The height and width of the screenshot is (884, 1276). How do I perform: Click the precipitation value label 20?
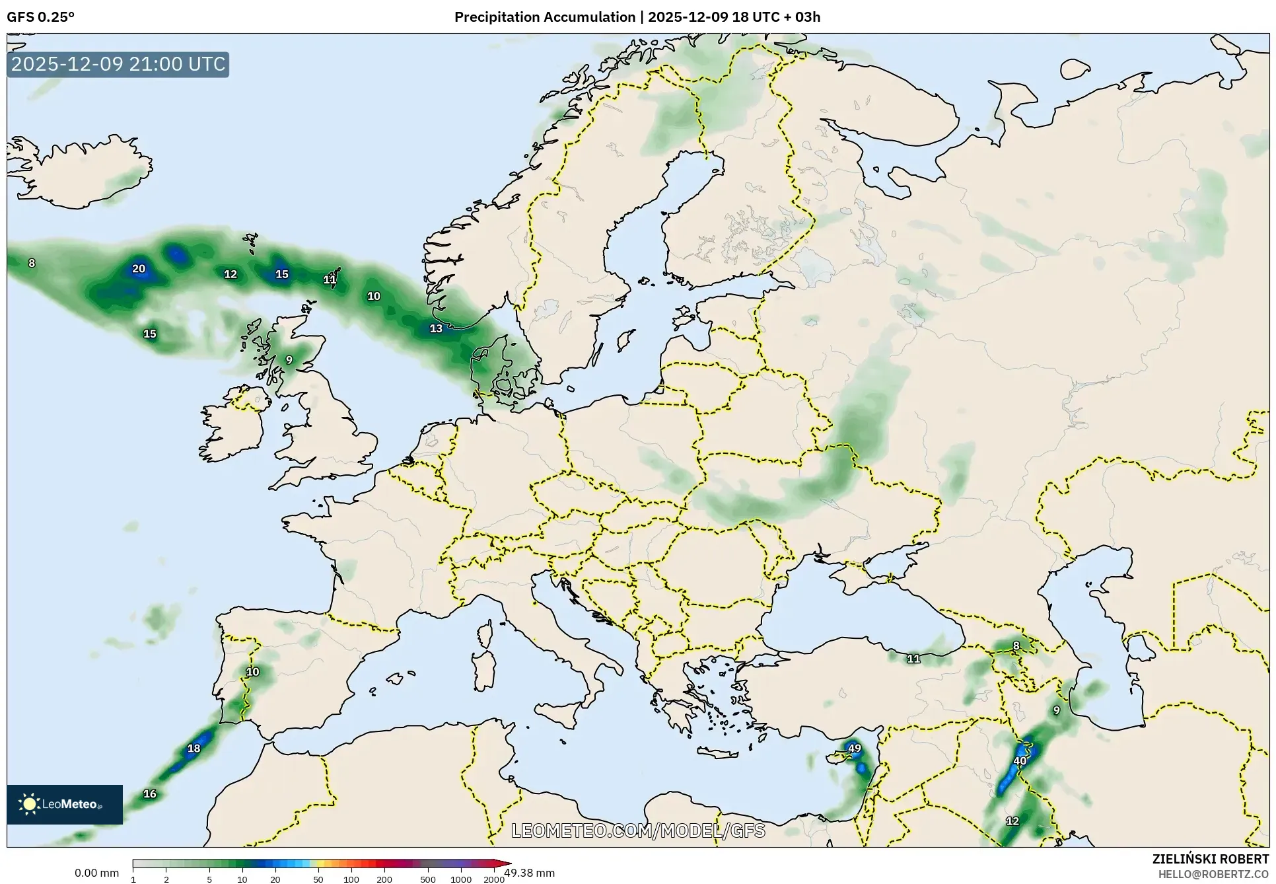138,269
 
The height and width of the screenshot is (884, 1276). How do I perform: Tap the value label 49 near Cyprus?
854,749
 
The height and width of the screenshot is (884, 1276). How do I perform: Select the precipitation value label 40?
1020,760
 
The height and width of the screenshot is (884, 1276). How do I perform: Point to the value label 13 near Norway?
436,328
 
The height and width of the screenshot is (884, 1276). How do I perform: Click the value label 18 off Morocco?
194,749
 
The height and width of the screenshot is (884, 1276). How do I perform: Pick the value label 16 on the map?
150,794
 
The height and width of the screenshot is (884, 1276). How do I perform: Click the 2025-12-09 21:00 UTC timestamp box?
118,64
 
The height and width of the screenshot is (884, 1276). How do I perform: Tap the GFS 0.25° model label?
41,17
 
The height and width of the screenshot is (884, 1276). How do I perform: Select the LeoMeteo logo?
65,804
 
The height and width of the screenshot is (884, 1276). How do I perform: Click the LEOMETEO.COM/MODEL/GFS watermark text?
638,830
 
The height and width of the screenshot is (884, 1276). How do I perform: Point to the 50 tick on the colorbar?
318,879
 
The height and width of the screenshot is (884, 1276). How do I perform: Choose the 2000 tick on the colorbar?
494,879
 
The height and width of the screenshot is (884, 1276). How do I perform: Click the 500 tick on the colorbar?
428,879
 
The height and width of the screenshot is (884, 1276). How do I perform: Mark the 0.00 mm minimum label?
96,873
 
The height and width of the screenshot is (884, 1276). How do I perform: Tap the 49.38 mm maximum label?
530,873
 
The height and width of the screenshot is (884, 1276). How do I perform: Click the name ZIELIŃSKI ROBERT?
1211,859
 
